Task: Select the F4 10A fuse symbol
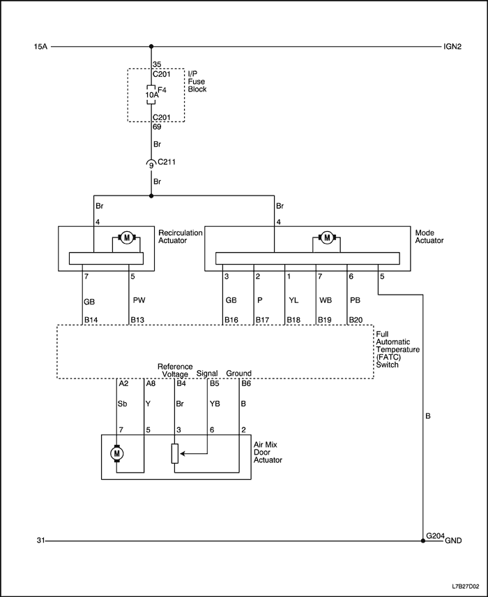(x=150, y=94)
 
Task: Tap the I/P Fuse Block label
(x=198, y=81)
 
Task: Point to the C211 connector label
(x=167, y=163)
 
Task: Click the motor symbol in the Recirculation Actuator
(x=127, y=238)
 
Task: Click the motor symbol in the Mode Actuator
(x=326, y=238)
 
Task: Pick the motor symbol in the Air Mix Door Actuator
(x=117, y=454)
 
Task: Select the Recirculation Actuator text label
(x=181, y=237)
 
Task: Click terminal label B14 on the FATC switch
(x=91, y=320)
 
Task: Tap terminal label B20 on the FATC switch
(x=356, y=320)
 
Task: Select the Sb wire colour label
(x=123, y=403)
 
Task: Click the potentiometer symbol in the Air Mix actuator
(x=176, y=454)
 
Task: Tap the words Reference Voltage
(x=174, y=370)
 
